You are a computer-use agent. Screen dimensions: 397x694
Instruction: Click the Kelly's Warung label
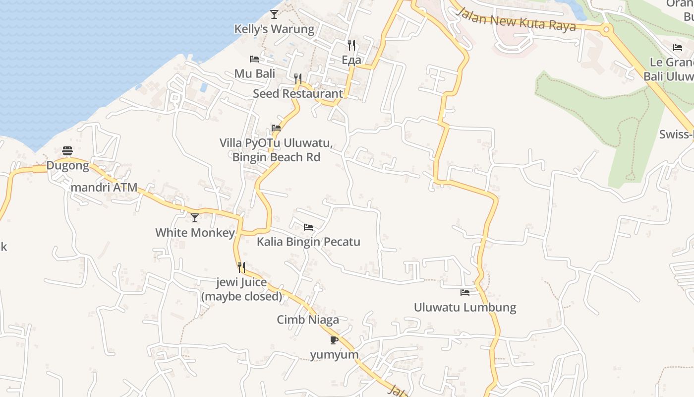coord(274,29)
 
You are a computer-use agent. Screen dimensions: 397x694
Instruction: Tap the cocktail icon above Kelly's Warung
coord(274,14)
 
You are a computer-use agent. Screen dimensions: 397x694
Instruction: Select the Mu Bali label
coord(255,74)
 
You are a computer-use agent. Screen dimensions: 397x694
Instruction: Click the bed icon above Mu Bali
coord(254,59)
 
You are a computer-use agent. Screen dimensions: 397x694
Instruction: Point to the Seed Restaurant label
coord(297,94)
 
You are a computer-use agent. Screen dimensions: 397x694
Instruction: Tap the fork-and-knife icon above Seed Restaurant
coord(298,78)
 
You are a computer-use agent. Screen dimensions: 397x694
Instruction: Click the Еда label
coord(351,60)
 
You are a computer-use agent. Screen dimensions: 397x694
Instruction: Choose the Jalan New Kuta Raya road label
coord(516,20)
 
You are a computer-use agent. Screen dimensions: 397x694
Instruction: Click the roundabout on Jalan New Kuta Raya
coord(606,29)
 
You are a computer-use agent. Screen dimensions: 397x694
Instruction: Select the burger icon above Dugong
coord(67,151)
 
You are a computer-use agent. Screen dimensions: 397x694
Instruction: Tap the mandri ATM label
coord(104,188)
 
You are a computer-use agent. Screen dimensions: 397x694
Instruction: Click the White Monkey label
coord(195,233)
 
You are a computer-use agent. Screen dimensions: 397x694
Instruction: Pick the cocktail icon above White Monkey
coord(195,217)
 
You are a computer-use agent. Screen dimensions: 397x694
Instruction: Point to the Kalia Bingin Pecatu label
coord(308,242)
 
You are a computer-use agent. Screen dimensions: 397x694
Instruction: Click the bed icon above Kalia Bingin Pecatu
coord(308,227)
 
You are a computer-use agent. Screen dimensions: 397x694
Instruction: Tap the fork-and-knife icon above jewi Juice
coord(241,267)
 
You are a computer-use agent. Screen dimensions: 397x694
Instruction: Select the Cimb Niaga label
coord(308,320)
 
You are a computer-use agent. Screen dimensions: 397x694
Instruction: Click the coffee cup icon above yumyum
coord(334,340)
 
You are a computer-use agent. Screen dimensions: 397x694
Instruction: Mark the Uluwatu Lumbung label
coord(465,308)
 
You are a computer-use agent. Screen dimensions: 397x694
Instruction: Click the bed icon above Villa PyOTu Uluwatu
coord(276,128)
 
